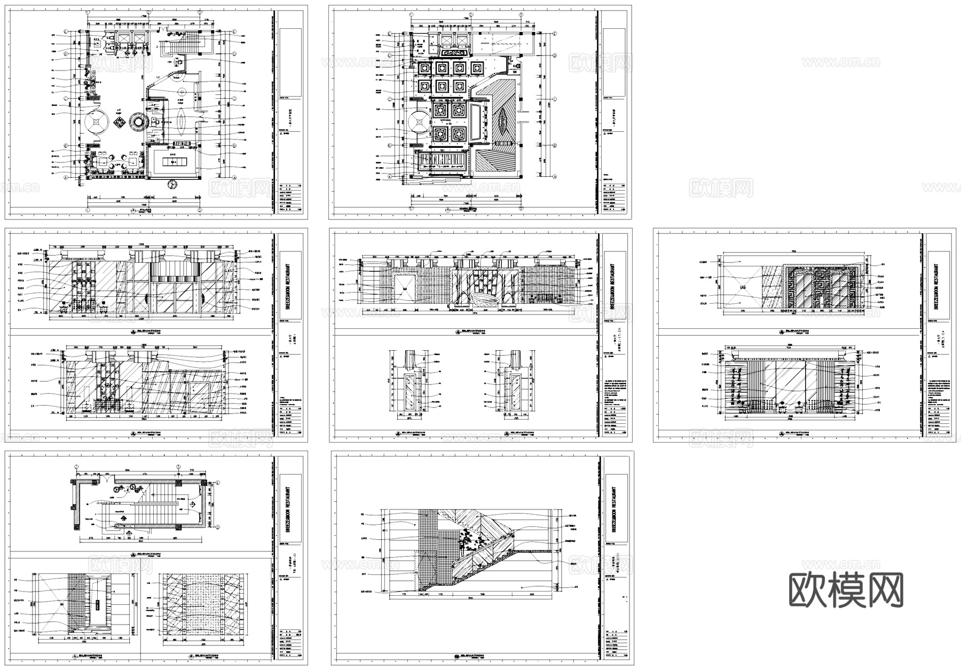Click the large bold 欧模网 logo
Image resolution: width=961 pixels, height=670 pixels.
(x=846, y=589)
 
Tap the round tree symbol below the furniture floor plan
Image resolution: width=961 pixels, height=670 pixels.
(x=172, y=184)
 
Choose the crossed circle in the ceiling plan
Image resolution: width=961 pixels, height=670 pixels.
(x=418, y=123)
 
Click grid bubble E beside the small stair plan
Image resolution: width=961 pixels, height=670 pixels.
(x=218, y=483)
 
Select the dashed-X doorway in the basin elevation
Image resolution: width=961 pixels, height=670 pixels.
(x=405, y=288)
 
